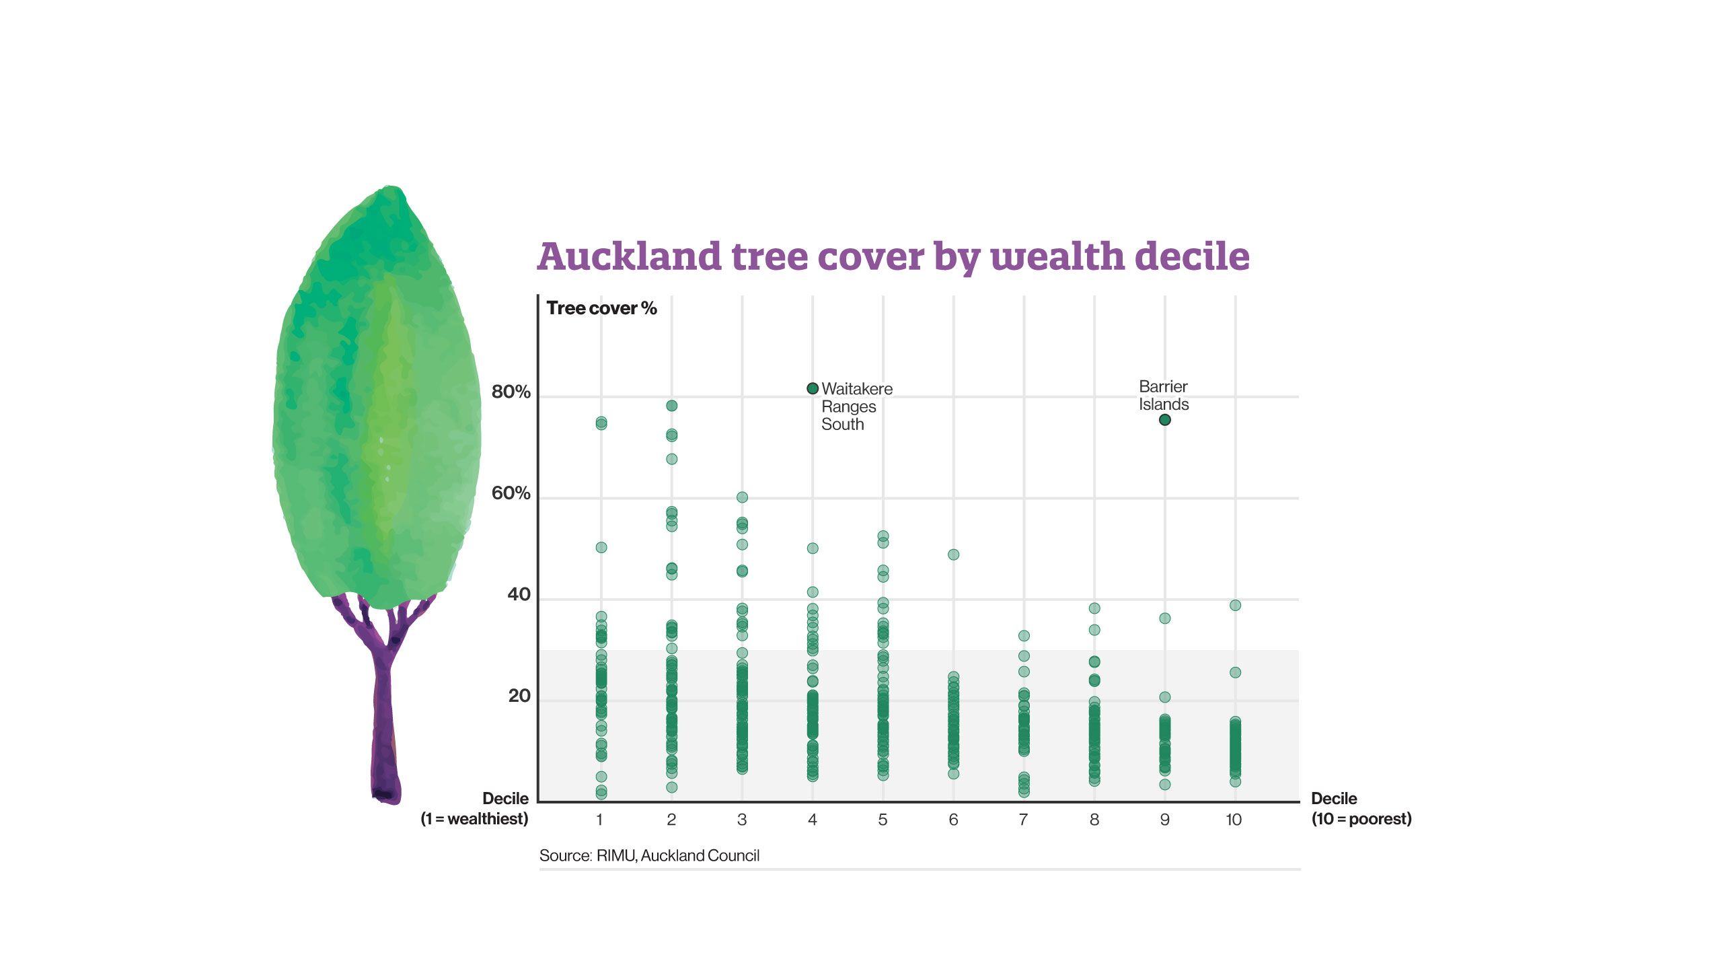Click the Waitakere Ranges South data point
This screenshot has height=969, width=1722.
(x=813, y=388)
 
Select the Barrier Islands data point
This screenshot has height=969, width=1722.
(x=1165, y=420)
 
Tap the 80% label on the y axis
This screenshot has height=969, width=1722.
(x=511, y=392)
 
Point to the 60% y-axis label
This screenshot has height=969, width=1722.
(x=511, y=493)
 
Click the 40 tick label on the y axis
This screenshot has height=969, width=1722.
(x=519, y=594)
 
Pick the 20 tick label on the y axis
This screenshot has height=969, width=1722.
(x=519, y=696)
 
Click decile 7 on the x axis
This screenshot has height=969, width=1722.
(x=1023, y=820)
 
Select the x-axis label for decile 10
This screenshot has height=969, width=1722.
(x=1234, y=820)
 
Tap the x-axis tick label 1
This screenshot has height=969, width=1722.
(x=599, y=820)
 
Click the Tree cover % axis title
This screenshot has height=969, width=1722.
(x=601, y=308)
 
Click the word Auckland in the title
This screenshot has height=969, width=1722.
(x=630, y=257)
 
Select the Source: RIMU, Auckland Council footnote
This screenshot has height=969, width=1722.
(x=649, y=855)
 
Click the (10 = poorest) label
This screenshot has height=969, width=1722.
(x=1361, y=819)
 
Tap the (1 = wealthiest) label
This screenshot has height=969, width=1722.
(x=474, y=819)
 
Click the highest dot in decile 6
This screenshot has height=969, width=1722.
(x=953, y=554)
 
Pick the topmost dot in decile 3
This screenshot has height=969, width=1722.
(x=742, y=497)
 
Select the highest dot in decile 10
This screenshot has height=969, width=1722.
(x=1235, y=606)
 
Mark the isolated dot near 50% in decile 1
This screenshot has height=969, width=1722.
(x=601, y=548)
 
